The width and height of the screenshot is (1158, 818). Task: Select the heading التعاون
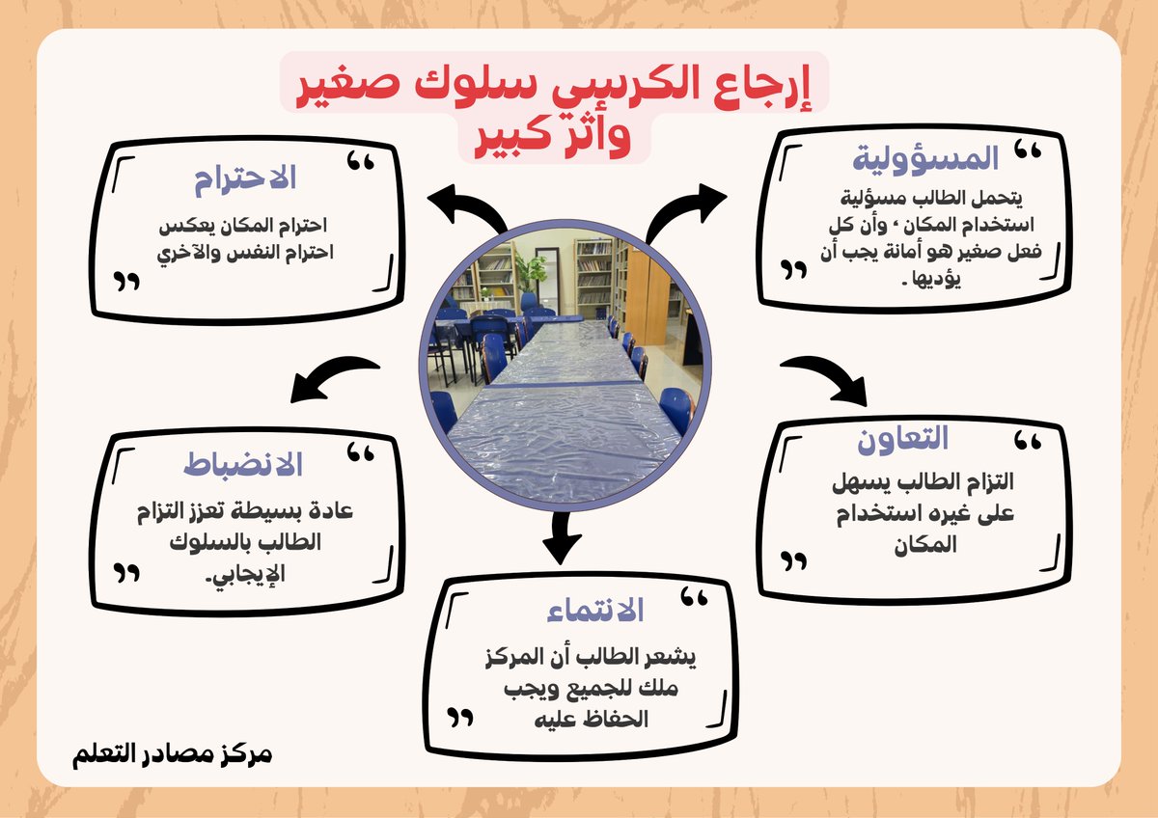(903, 439)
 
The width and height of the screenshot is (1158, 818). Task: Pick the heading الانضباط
(243, 465)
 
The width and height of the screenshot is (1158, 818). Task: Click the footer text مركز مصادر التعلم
(172, 752)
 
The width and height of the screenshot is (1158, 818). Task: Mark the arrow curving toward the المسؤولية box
(686, 210)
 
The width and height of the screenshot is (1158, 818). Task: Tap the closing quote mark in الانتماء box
(460, 718)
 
